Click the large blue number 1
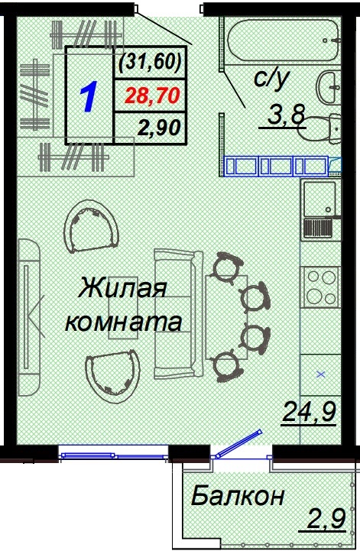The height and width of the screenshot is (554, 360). pos(89,97)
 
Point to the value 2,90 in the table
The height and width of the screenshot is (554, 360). pos(157,126)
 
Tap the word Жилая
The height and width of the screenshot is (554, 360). pos(122,290)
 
